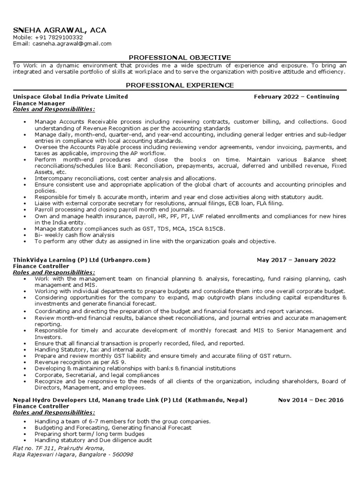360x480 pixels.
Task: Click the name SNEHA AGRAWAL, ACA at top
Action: coord(60,30)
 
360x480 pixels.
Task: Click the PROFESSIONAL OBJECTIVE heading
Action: coord(180,57)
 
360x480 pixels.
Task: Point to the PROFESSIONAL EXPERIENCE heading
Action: coord(180,85)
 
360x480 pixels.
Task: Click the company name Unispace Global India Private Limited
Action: coord(70,97)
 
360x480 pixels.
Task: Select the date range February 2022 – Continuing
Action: coord(296,97)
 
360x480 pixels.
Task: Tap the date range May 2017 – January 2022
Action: coord(296,260)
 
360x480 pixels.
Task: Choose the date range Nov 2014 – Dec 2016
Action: coord(310,400)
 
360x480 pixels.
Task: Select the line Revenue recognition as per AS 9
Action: coord(80,362)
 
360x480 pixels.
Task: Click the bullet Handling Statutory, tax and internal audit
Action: coord(93,349)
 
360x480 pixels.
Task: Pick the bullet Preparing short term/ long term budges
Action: coord(90,434)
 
